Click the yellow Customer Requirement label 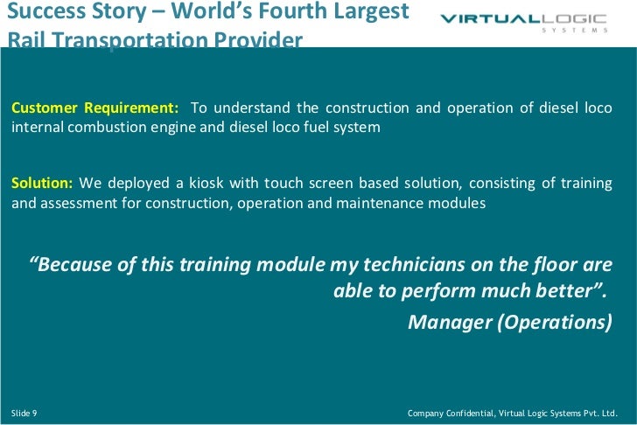(94, 108)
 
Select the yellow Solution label (42, 184)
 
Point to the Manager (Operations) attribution (510, 321)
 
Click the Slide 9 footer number (24, 411)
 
